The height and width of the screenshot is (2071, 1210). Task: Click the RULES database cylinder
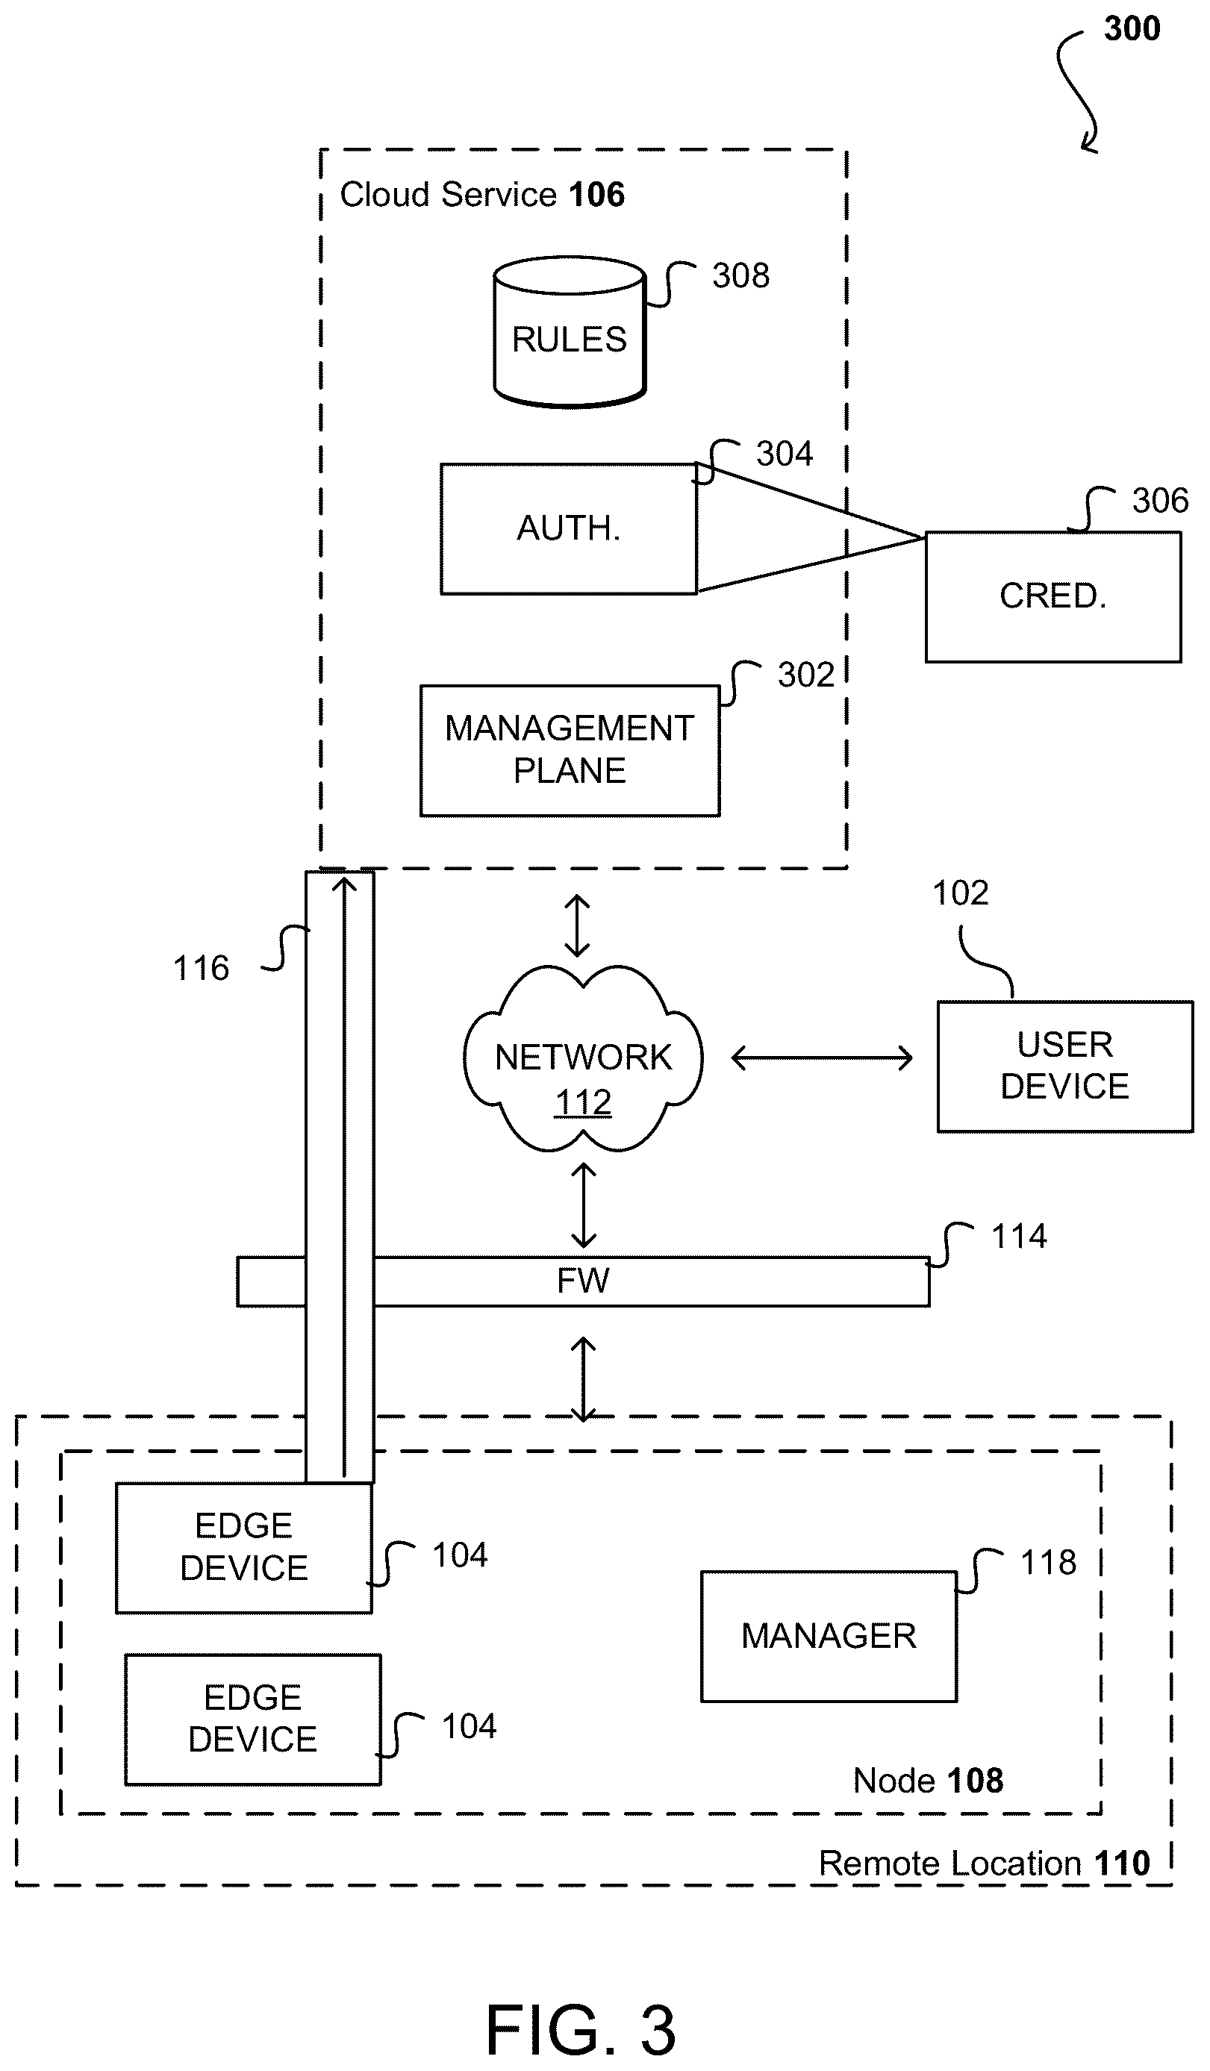(x=570, y=332)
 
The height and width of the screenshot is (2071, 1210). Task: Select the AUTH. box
(x=569, y=528)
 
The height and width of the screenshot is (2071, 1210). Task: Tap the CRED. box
(x=1053, y=596)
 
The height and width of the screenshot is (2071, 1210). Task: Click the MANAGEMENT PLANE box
(x=570, y=750)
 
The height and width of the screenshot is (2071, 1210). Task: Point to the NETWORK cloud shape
(x=583, y=1058)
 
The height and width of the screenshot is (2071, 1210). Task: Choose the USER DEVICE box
(x=1064, y=1066)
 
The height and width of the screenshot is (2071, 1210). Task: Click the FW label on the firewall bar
(x=583, y=1281)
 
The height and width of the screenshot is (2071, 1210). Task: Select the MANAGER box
(x=829, y=1636)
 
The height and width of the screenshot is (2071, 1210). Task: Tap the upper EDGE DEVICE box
(x=244, y=1548)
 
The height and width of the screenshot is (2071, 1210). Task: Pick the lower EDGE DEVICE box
(x=253, y=1719)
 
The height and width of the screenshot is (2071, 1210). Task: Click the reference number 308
(x=740, y=275)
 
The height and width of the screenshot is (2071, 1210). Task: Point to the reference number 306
(x=1160, y=501)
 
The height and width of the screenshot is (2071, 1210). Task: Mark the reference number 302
(x=805, y=675)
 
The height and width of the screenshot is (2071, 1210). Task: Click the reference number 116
(x=201, y=968)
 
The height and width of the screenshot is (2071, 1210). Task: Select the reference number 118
(x=1048, y=1562)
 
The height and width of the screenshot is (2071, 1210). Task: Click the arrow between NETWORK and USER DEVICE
(x=821, y=1058)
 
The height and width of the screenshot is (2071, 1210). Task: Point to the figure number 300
(x=1132, y=29)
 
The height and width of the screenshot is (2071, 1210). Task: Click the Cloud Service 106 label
(x=482, y=195)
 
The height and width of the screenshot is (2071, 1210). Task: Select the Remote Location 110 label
(x=985, y=1863)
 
